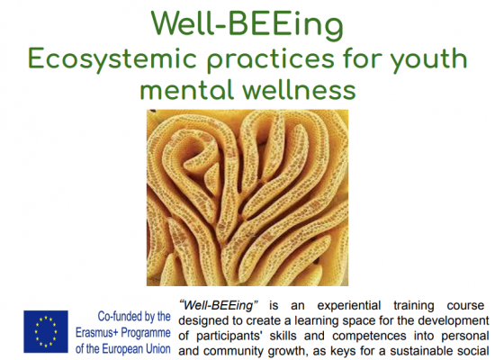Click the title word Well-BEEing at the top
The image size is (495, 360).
(247, 25)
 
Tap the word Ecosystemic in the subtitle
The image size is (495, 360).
(112, 60)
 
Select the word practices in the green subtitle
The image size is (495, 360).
(270, 60)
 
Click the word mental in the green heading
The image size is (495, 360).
(186, 89)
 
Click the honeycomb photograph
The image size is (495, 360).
(247, 198)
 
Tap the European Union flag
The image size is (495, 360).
(46, 331)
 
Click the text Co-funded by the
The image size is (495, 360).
(134, 317)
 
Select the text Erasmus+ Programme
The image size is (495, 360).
(123, 333)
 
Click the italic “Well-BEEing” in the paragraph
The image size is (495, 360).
(219, 305)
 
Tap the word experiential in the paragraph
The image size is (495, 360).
(349, 306)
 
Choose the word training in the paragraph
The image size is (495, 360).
(414, 306)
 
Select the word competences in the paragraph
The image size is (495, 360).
(369, 336)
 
